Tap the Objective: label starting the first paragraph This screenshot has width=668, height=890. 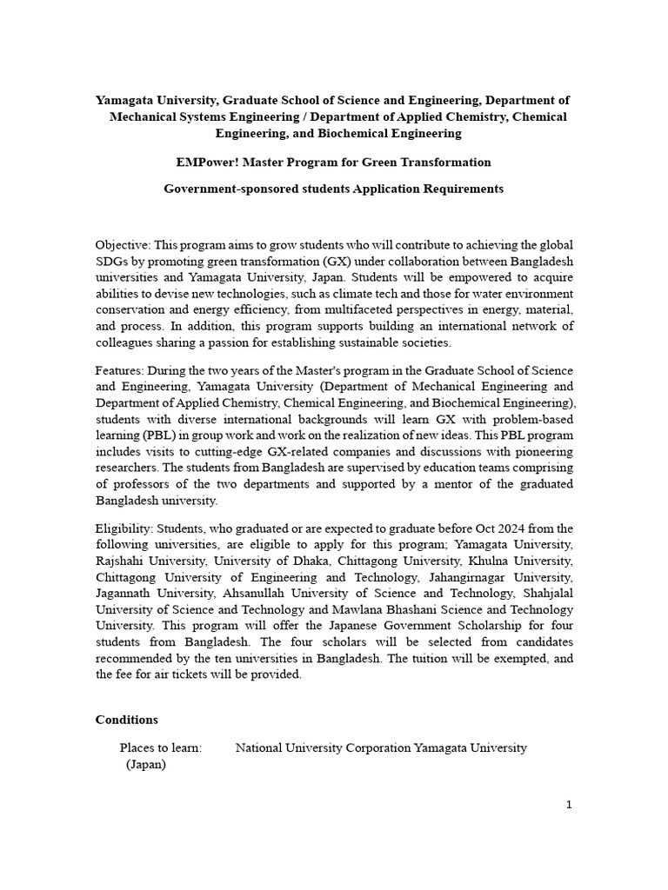(124, 245)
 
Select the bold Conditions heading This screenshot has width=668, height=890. (126, 720)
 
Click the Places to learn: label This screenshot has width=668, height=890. (161, 747)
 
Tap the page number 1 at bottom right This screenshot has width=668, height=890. (569, 805)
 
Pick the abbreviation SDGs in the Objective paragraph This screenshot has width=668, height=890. (110, 262)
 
